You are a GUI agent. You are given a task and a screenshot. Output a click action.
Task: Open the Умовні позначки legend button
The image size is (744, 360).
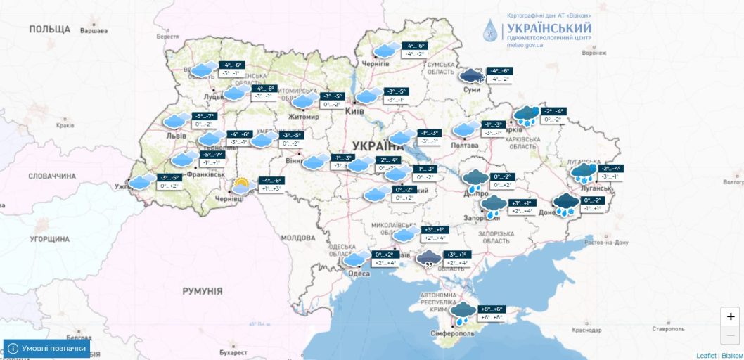pyautogui.click(x=48, y=348)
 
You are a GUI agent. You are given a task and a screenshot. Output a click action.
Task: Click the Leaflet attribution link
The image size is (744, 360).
pyautogui.click(x=707, y=356)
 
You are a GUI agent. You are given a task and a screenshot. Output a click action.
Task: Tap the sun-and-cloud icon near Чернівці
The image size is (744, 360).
pyautogui.click(x=241, y=186)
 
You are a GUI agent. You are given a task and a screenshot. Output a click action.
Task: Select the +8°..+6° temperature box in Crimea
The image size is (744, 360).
pyautogui.click(x=492, y=309)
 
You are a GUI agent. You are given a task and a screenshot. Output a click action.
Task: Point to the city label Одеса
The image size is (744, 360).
pyautogui.click(x=359, y=274)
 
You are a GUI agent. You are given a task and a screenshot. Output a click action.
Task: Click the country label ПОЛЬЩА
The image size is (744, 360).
pyautogui.click(x=50, y=29)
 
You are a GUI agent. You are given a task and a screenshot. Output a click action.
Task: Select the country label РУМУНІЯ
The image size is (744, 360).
pyautogui.click(x=202, y=290)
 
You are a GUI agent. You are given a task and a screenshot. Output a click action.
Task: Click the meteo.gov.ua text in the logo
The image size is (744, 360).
pyautogui.click(x=525, y=45)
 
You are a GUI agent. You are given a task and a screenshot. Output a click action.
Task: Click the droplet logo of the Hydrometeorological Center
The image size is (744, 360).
pyautogui.click(x=489, y=30)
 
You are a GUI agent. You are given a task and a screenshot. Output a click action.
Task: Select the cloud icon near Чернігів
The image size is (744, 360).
pyautogui.click(x=385, y=49)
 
